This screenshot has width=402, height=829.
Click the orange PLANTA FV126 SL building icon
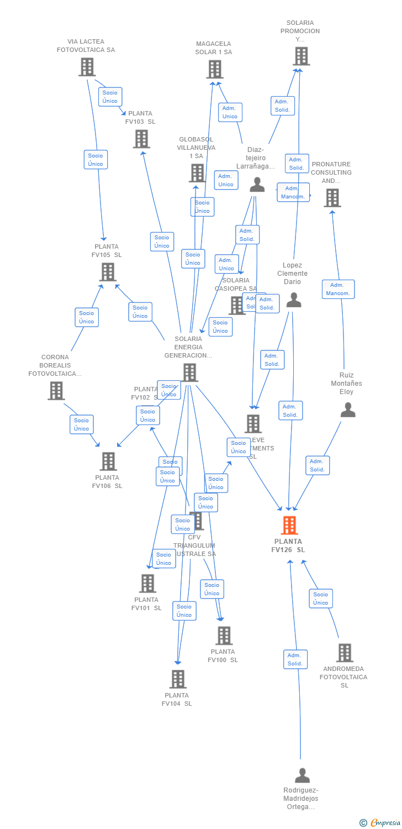point(289,525)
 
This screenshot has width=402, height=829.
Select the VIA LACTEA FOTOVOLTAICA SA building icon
point(87,67)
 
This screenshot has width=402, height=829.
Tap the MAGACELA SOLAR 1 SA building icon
point(215,69)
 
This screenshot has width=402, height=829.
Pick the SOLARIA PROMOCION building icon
point(301,56)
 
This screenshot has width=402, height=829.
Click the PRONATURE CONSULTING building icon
point(332,197)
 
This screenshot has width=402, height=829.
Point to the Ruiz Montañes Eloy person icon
point(347,410)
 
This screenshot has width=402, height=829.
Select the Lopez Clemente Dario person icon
point(294,300)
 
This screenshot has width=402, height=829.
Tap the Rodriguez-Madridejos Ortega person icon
point(302,775)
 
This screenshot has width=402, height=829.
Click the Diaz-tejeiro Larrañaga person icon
point(257,185)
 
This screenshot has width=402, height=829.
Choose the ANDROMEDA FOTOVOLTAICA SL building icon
point(344,653)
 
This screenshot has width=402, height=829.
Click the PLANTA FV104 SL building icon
point(177,679)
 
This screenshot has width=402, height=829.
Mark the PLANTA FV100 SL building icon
point(224,636)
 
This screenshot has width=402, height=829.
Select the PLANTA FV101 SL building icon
point(147,583)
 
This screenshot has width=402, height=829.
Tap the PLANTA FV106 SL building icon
point(108,461)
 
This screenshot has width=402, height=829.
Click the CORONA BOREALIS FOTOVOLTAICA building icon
point(56,390)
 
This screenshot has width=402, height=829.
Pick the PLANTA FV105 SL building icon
point(108,271)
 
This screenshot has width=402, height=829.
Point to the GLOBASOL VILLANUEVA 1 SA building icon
point(197,173)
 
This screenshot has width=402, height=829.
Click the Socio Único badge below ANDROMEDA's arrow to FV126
point(321,599)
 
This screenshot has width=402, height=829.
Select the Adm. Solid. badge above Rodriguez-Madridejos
point(295,659)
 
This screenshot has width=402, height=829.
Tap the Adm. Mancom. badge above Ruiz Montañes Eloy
point(338,289)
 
